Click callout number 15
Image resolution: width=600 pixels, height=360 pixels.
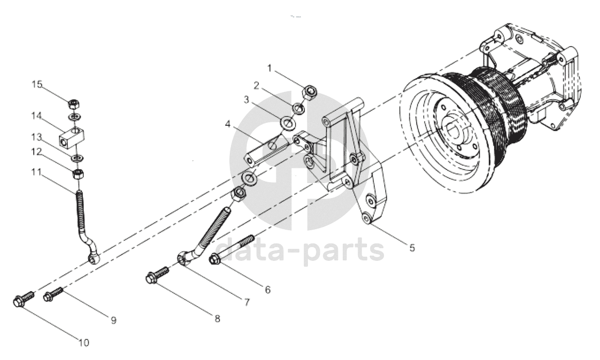[37, 84]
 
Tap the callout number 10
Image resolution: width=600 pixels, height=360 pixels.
[84, 342]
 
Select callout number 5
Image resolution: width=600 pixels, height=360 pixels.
[412, 248]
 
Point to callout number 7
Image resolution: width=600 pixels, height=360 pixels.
[247, 303]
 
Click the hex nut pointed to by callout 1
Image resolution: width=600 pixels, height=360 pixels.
[310, 92]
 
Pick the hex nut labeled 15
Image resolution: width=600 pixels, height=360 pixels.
[75, 104]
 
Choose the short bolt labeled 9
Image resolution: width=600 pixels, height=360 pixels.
[53, 294]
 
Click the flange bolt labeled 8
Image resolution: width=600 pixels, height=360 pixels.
[157, 274]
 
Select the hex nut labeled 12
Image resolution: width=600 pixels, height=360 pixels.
[78, 174]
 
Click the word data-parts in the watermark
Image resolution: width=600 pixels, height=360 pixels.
[300, 250]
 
